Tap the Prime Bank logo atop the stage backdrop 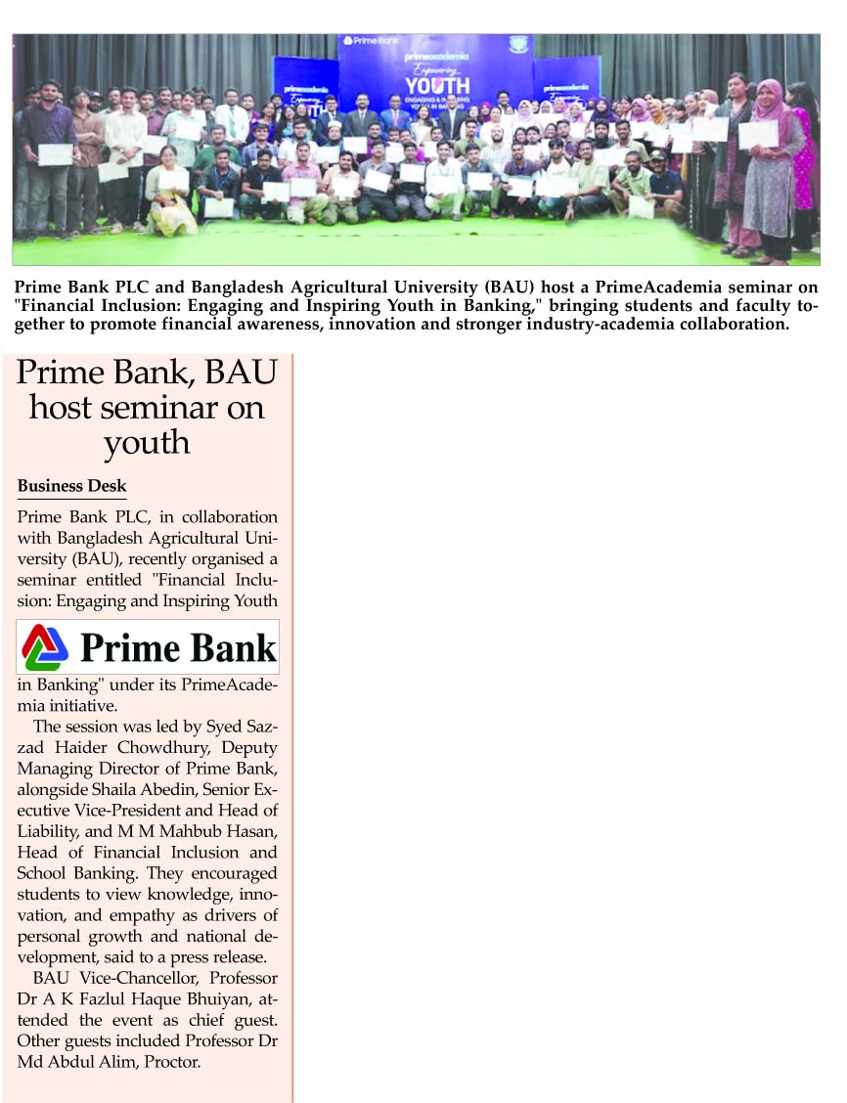click(370, 41)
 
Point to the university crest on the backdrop click(518, 44)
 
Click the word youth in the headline click(147, 442)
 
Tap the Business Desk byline click(71, 486)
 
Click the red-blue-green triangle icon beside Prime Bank click(46, 647)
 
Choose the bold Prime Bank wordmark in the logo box click(178, 648)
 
